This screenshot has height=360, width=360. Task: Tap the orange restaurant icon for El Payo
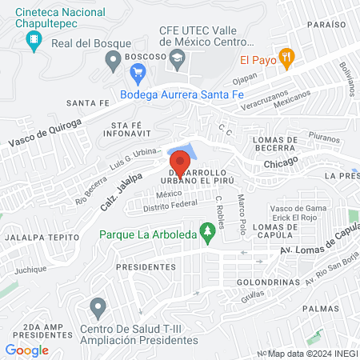290,58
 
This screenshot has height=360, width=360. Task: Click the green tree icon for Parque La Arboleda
209,234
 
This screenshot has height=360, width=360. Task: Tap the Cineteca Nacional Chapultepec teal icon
34,40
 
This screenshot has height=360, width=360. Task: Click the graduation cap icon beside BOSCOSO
178,58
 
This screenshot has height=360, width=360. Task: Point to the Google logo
26,350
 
